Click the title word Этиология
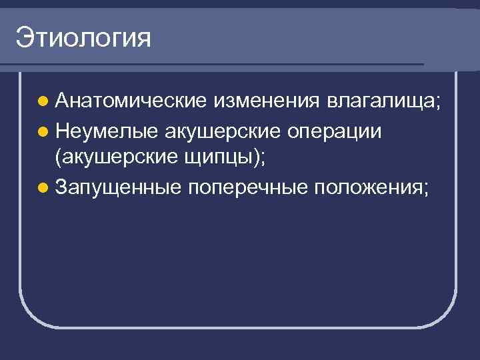tap(84, 38)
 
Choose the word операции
tap(334, 131)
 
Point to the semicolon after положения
tap(425, 190)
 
